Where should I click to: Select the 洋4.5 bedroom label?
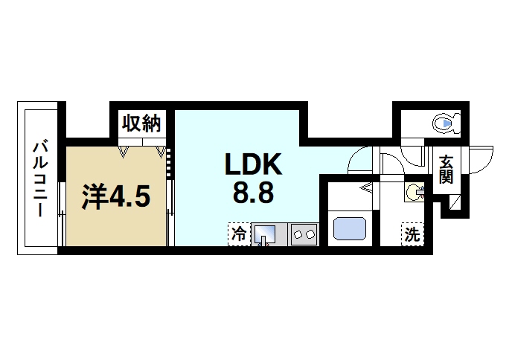click(x=116, y=197)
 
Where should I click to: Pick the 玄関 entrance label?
click(x=446, y=170)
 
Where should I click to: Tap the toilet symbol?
click(x=446, y=122)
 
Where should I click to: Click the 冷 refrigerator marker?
click(x=238, y=234)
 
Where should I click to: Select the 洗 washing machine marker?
click(x=412, y=234)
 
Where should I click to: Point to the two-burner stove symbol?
click(x=304, y=234)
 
